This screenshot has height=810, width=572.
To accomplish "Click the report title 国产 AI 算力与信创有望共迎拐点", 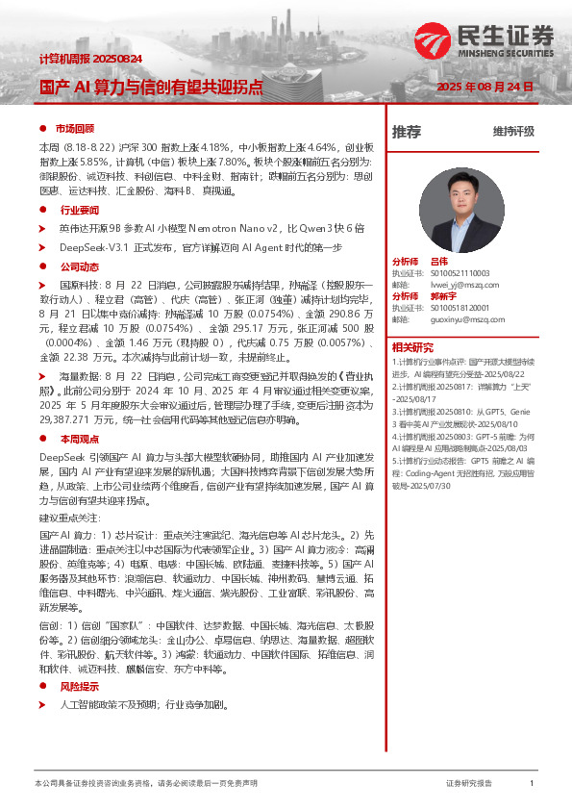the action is [150, 87].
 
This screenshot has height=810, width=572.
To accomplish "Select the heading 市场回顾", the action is [74, 128].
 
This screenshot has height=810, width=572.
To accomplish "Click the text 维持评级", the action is [512, 132].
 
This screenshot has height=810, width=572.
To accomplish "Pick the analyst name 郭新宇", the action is [443, 296].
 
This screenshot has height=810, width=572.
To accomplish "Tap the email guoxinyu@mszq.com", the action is [467, 319].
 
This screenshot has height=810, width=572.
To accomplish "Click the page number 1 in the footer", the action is [532, 784].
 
